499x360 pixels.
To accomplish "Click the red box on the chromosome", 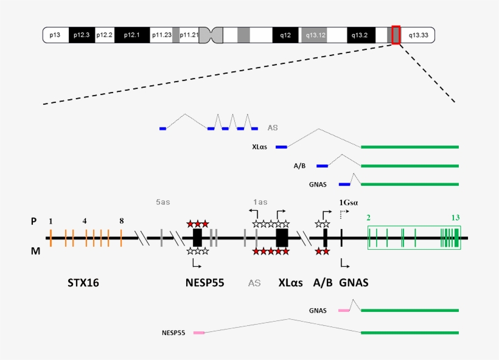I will (x=396, y=35).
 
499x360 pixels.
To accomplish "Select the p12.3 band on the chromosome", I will (x=82, y=35).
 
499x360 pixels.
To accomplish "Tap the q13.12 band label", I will (x=316, y=35).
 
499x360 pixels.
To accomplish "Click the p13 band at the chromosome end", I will (x=55, y=35).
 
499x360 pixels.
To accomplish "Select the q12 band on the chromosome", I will (x=285, y=35).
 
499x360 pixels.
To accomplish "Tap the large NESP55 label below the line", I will (x=205, y=283).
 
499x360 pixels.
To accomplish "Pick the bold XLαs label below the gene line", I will (x=291, y=283).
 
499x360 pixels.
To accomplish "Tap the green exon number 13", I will (x=455, y=217).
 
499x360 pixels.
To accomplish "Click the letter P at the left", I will (x=34, y=222).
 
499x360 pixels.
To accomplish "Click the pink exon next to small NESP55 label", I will (x=199, y=333).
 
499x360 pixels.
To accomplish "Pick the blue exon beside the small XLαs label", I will (x=281, y=147).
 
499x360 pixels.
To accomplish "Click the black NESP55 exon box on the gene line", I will (x=197, y=238).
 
